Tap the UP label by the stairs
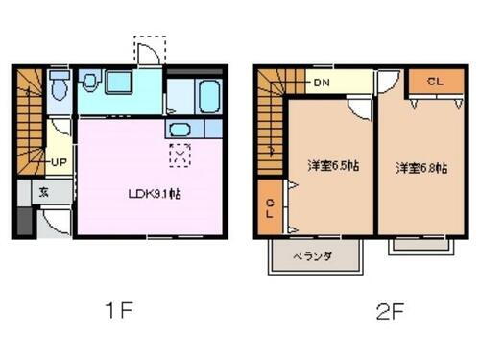pyautogui.click(x=59, y=162)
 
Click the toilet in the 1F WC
pyautogui.click(x=60, y=88)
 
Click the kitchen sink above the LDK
pyautogui.click(x=180, y=129)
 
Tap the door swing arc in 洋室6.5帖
pyautogui.click(x=358, y=108)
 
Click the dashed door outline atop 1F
pyautogui.click(x=149, y=50)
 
